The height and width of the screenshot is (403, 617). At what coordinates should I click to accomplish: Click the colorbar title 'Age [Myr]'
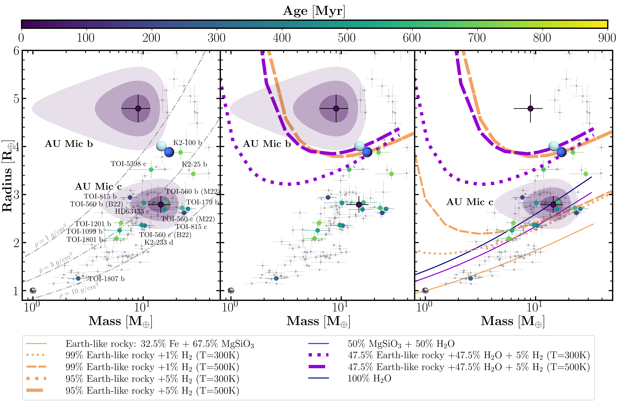314,11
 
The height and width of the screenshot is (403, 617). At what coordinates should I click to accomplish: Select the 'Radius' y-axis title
7,176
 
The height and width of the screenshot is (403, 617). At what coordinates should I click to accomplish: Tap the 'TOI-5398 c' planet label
129,164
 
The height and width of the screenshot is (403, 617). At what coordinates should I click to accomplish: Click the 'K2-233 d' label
159,242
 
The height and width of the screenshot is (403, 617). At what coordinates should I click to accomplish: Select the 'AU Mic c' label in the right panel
469,202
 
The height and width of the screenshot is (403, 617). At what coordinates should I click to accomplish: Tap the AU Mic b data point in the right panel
530,108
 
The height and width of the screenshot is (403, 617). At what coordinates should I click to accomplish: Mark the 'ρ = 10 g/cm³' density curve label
79,290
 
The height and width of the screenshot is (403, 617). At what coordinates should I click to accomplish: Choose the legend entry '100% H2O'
369,378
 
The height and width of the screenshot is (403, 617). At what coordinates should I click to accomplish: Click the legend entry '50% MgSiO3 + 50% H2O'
401,344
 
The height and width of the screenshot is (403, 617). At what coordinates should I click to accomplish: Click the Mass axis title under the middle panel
318,321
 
